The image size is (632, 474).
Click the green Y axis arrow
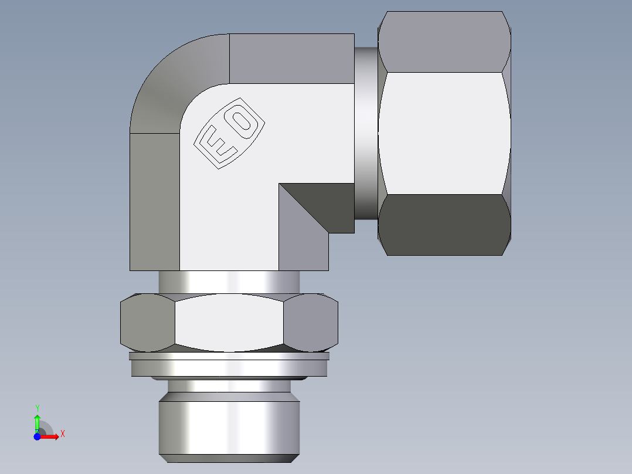(37, 421)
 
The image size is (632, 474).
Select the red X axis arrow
(50, 436)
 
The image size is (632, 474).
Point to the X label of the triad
(62, 434)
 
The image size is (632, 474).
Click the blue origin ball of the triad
(37, 436)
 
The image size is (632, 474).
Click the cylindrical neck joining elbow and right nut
(366, 133)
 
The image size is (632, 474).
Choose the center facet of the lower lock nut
(229, 322)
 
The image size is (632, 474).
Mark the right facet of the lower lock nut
(311, 322)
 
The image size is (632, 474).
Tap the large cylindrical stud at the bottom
(229, 425)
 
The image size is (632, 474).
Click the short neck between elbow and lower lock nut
(229, 282)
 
